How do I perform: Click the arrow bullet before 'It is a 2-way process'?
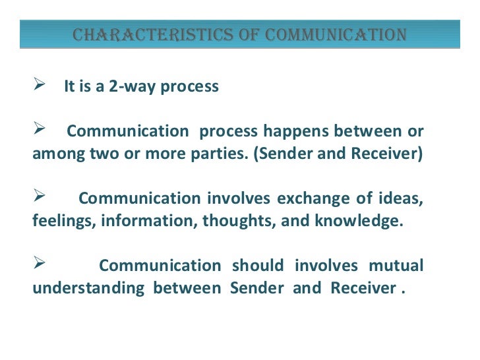(38, 86)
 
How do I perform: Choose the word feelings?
(64, 221)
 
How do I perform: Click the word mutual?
(396, 266)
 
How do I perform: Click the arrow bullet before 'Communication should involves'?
(38, 265)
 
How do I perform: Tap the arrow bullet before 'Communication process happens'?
(38, 131)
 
